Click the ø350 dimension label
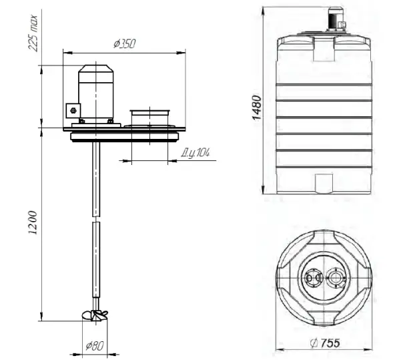click(x=125, y=43)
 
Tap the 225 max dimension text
click(x=33, y=33)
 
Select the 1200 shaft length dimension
click(x=33, y=223)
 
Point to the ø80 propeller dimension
click(x=95, y=346)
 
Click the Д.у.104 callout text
click(x=195, y=153)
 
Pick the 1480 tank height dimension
click(x=257, y=108)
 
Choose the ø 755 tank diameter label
click(x=325, y=343)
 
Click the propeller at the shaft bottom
click(x=95, y=315)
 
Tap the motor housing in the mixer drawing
click(x=96, y=92)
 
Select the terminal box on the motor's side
click(x=73, y=111)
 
